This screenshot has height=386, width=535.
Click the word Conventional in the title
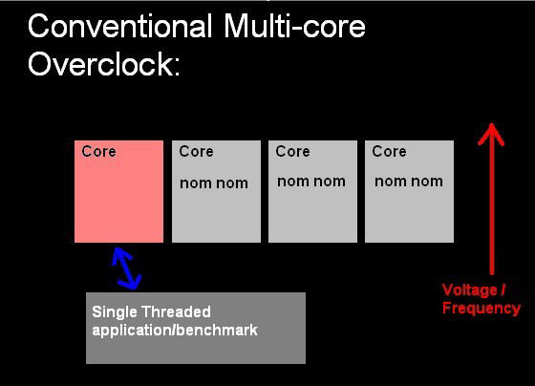pos(120,27)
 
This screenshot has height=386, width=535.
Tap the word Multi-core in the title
pos(294,27)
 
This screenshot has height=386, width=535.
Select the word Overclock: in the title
pos(104,64)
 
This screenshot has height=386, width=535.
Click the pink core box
pos(118,191)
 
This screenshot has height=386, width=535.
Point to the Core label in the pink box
pos(98,151)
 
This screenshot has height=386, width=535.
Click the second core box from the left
pos(216,191)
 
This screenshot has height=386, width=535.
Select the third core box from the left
pos(313,191)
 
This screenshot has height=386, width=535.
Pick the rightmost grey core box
pos(410,191)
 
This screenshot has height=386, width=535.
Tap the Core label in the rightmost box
pos(390,151)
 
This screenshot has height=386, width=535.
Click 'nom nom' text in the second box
pos(214,183)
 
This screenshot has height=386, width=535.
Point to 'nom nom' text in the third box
pos(311,182)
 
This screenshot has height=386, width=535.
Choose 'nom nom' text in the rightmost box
pos(409,182)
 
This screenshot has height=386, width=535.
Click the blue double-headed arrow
pos(126,268)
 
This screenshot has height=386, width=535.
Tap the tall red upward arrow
pos(491,199)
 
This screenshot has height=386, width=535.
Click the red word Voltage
pos(470,290)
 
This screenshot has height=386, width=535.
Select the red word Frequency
pos(481,309)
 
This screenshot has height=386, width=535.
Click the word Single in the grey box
pos(115,311)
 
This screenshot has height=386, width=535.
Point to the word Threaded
pos(177,311)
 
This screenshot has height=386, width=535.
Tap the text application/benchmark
pos(175,331)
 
